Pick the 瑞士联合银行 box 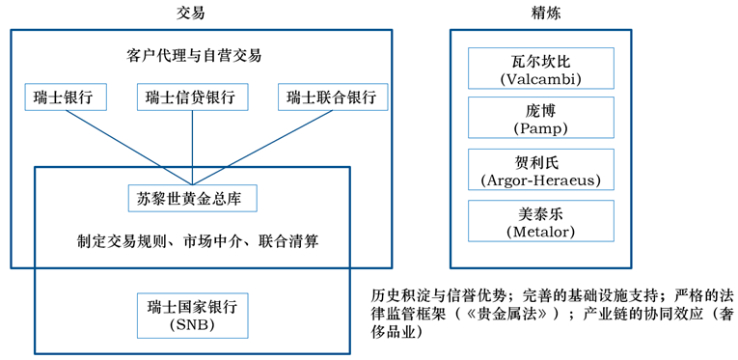(x=333, y=97)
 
